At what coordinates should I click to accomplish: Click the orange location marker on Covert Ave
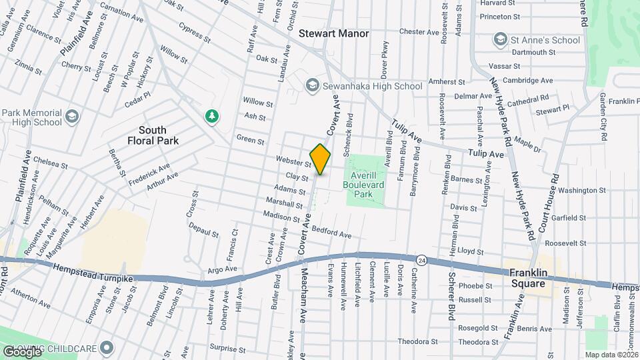pos(320,159)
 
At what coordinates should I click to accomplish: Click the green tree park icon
pos(212,116)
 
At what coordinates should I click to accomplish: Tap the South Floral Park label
pos(165,135)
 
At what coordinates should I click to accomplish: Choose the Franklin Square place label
pos(533,277)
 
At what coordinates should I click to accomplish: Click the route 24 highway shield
pos(421,259)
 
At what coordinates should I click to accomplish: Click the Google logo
pos(21,351)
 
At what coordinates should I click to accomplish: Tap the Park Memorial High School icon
pos(72,118)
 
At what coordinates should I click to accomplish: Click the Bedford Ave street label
pos(331,234)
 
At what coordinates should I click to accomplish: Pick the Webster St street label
pos(293,161)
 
